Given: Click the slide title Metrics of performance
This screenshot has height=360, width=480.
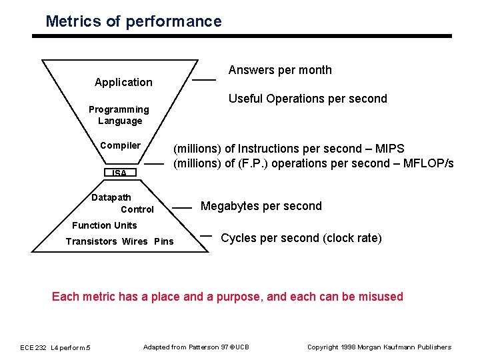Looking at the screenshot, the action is pos(133,21).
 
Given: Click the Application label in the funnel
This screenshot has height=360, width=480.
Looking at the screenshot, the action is pos(123,82).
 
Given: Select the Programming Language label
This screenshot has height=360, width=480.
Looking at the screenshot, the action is pos(119,115).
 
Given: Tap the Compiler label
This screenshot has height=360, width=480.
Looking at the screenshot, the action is pos(120,145).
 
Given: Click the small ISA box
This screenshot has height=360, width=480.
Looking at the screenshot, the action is pos(119,173).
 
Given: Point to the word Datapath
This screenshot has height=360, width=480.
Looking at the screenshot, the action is pos(111,197).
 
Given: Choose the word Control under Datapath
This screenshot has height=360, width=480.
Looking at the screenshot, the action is pos(137,209).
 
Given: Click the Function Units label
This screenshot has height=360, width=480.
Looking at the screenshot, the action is pos(104,225).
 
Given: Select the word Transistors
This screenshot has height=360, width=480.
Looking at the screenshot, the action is pos(91,241).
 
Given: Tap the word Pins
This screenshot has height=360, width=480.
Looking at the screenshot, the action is pos(163,241).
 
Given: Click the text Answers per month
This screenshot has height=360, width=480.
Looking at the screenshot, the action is pos(280,70).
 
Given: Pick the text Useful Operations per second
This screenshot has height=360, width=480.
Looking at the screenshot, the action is pos(307,99).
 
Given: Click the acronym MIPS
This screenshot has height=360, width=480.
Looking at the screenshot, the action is pos(389,149).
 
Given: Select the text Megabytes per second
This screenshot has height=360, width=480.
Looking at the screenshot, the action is pos(261,206).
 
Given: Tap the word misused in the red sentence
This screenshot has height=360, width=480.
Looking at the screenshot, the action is pos(381,297).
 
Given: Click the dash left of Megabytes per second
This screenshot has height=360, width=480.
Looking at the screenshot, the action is pos(182,208).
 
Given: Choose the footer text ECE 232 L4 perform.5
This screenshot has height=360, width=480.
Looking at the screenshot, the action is pos(56,347).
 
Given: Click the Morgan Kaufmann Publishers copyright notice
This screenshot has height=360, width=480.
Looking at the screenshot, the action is pos(379,347).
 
